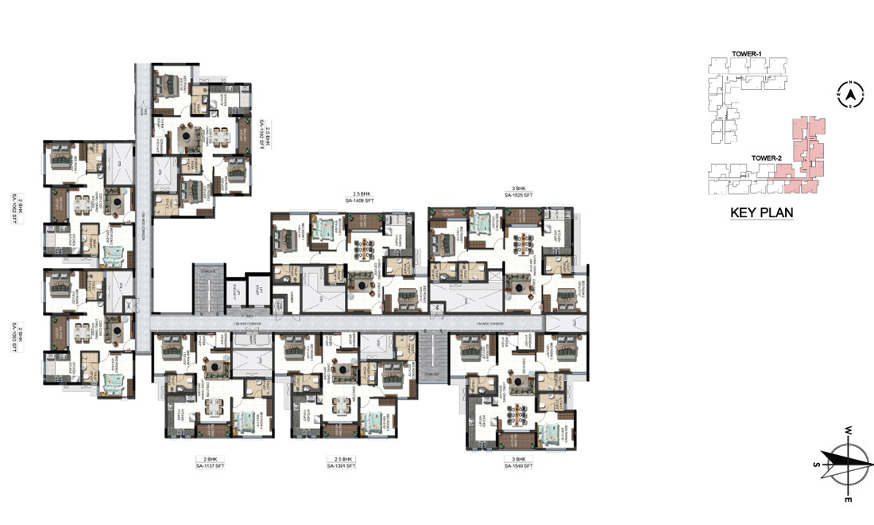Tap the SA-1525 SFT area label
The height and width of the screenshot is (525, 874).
tap(518, 195)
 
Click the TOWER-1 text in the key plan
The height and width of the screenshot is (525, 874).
tap(748, 54)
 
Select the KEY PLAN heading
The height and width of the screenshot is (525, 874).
tap(762, 213)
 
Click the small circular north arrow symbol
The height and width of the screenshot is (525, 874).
tap(849, 95)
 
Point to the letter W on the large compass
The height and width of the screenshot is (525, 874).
tap(849, 430)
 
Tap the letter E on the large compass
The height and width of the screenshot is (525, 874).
tap(848, 499)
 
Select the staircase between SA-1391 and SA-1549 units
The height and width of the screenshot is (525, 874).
tap(431, 356)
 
